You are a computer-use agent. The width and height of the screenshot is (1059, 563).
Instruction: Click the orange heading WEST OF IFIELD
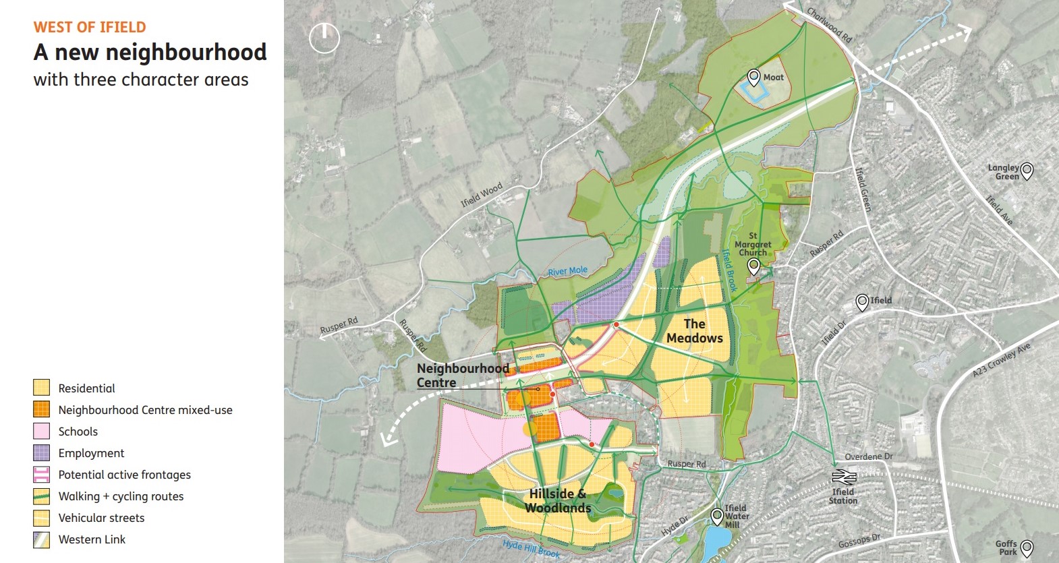[x=90, y=28]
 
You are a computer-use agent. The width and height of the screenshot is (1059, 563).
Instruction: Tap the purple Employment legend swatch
[x=42, y=453]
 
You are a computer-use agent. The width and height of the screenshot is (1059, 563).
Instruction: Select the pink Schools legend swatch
[x=42, y=432]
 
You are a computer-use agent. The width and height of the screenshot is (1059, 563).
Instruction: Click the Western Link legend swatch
[x=42, y=539]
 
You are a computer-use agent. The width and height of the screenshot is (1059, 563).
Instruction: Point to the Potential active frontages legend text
[x=125, y=475]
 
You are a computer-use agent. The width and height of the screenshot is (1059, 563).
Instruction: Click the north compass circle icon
[x=324, y=38]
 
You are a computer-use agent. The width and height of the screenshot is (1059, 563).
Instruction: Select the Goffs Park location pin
[x=1027, y=547]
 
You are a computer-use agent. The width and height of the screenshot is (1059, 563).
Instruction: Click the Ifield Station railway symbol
[x=844, y=477]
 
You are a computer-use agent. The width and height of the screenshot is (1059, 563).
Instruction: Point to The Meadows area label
[x=694, y=331]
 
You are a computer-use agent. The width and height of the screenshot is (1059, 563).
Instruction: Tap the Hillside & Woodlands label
[x=558, y=501]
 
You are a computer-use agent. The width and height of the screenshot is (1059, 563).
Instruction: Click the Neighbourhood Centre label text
[x=463, y=376]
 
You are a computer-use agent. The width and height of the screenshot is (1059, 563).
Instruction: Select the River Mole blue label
[x=567, y=271]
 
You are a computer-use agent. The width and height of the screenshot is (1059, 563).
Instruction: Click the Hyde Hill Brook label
[x=532, y=549]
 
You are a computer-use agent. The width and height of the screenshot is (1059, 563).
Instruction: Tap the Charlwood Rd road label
[x=830, y=25]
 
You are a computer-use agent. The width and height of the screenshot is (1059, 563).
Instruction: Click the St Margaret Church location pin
[x=754, y=267]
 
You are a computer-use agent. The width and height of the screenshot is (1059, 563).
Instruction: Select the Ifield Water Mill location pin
[x=717, y=516]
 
